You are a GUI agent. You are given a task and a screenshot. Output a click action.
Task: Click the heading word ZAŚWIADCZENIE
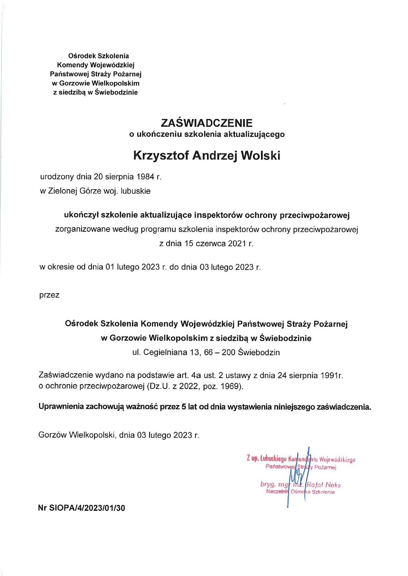tap(207, 123)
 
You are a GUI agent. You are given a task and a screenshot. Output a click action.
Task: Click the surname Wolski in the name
tap(261, 155)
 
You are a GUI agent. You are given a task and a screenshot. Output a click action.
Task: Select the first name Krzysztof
tap(161, 155)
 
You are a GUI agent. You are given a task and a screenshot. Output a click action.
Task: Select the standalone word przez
tap(49, 295)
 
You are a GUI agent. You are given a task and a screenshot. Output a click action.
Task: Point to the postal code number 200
tap(228, 353)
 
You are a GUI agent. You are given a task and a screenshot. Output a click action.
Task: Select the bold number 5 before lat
tap(183, 407)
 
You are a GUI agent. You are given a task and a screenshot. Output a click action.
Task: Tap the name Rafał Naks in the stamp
tap(324, 485)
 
